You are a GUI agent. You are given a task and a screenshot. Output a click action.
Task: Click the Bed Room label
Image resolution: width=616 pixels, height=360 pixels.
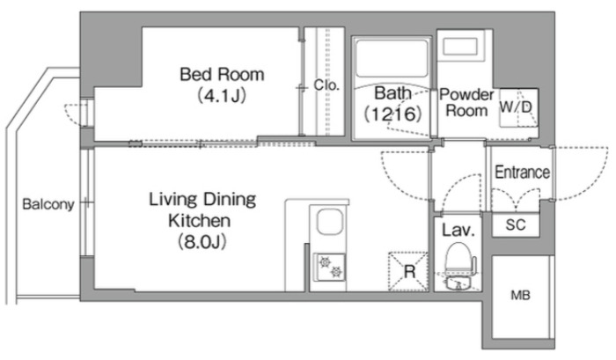tap(222, 74)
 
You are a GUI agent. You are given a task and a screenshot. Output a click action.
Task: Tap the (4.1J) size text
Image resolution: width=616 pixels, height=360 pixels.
tap(222, 95)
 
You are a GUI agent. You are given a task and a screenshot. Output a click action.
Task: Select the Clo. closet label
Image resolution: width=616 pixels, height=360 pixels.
tap(326, 84)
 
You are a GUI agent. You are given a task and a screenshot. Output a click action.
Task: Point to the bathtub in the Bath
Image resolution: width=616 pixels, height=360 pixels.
tap(392, 58)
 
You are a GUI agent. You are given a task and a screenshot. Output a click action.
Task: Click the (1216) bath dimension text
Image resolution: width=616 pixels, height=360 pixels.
tap(392, 114)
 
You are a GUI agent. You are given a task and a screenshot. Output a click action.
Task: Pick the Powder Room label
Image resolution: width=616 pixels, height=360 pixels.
tap(466, 102)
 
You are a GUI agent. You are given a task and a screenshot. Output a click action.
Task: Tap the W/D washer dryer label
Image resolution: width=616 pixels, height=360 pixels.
tap(516, 107)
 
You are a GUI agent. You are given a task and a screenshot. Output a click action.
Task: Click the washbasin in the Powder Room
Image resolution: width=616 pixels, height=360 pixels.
tap(460, 47)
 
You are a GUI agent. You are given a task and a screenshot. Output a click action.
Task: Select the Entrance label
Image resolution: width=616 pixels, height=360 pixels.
tap(522, 173)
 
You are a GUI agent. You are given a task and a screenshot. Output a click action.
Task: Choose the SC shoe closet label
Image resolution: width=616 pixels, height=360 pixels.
tap(516, 224)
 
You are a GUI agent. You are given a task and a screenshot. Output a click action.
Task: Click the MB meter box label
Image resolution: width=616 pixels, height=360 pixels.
tap(521, 295)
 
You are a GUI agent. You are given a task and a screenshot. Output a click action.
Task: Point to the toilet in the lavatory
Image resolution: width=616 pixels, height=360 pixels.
tap(458, 265)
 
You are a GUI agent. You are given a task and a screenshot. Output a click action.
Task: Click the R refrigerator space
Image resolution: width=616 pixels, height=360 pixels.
tap(408, 272)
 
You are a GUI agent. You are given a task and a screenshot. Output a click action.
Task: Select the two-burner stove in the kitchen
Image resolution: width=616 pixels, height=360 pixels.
tap(330, 268)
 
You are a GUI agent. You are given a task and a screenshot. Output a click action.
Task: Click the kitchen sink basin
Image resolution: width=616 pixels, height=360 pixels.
tap(330, 222)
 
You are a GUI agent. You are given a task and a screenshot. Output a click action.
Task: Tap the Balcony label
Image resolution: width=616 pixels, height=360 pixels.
tap(48, 204)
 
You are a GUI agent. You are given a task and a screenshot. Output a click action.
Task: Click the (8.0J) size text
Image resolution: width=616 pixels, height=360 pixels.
tap(202, 242)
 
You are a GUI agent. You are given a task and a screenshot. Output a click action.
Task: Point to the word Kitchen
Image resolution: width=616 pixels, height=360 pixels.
tap(199, 220)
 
